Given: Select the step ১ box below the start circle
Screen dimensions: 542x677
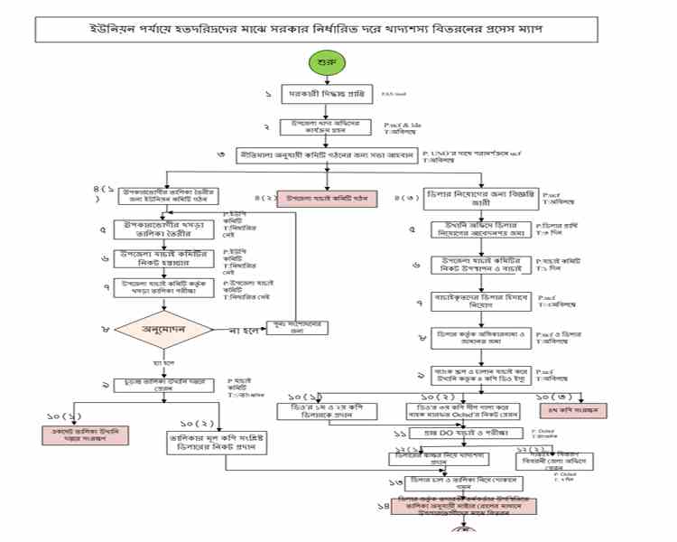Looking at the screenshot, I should [x=327, y=94].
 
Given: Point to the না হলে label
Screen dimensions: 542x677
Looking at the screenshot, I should [x=245, y=329].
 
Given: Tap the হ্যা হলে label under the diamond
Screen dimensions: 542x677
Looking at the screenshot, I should [x=162, y=363].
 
